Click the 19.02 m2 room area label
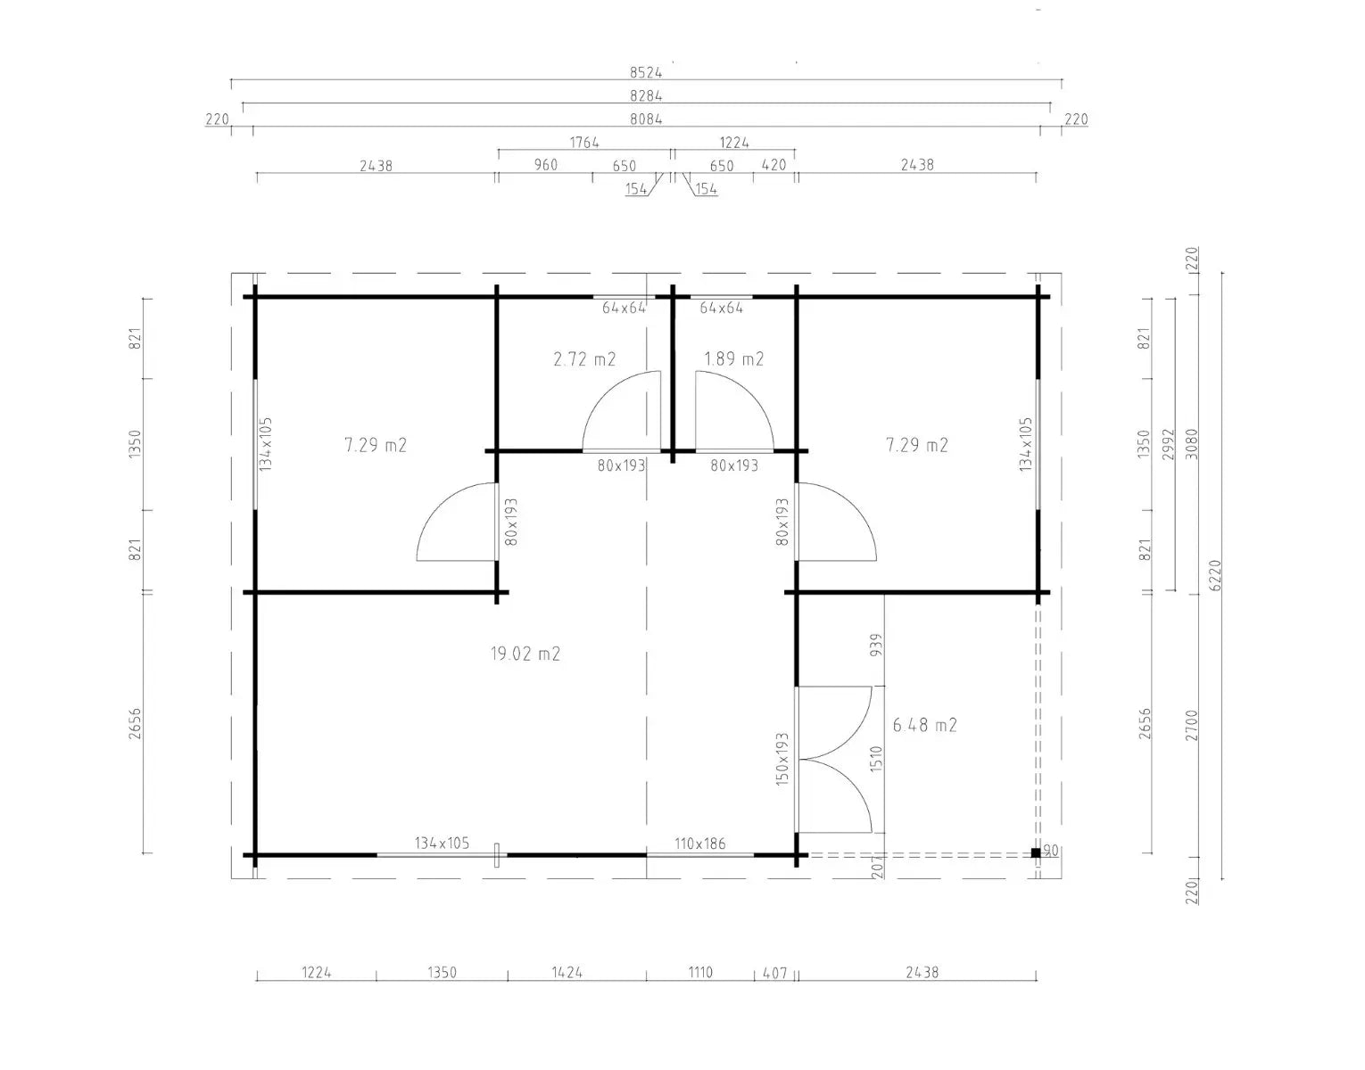525,654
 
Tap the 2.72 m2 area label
584,359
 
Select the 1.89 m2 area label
733,359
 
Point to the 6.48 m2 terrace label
924,725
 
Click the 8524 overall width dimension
646,73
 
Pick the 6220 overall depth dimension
1215,575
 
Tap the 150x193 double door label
782,759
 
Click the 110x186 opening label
699,844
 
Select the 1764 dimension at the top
584,143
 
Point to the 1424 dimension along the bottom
567,973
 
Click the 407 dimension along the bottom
774,974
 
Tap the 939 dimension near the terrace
876,646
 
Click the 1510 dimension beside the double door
876,759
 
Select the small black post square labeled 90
1036,852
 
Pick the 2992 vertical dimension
1168,444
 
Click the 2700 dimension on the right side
1192,726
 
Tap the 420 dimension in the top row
773,165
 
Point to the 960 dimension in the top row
545,165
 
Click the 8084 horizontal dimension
646,119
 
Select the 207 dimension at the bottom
877,868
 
